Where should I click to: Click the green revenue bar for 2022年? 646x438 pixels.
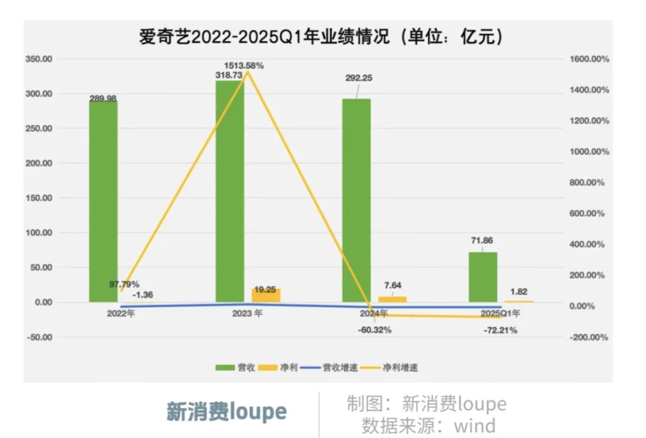[x=103, y=200]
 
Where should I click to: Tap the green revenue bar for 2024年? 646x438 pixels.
[x=356, y=200]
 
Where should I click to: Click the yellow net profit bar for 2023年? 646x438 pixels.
[x=266, y=295]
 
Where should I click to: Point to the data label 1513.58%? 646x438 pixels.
[x=243, y=66]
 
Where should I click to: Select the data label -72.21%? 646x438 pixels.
[x=500, y=331]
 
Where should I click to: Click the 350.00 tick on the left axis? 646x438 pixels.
[x=39, y=59]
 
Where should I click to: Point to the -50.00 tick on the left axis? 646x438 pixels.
[x=40, y=337]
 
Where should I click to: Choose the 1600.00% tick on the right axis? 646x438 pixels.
[x=589, y=59]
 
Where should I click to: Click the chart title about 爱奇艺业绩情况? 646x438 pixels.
[x=320, y=38]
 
